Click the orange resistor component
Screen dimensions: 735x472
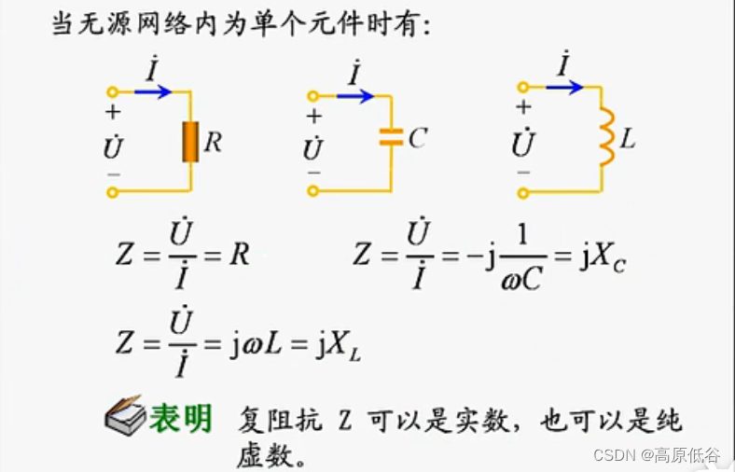point(190,142)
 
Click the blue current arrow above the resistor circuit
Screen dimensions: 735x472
point(152,91)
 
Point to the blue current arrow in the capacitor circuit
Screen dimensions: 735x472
point(354,95)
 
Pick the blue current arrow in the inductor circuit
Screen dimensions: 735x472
point(563,87)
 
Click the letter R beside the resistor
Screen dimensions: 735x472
point(213,143)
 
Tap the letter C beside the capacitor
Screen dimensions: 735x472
point(417,139)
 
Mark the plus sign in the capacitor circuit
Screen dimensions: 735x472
point(314,117)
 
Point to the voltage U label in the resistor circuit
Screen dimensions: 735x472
point(113,146)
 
